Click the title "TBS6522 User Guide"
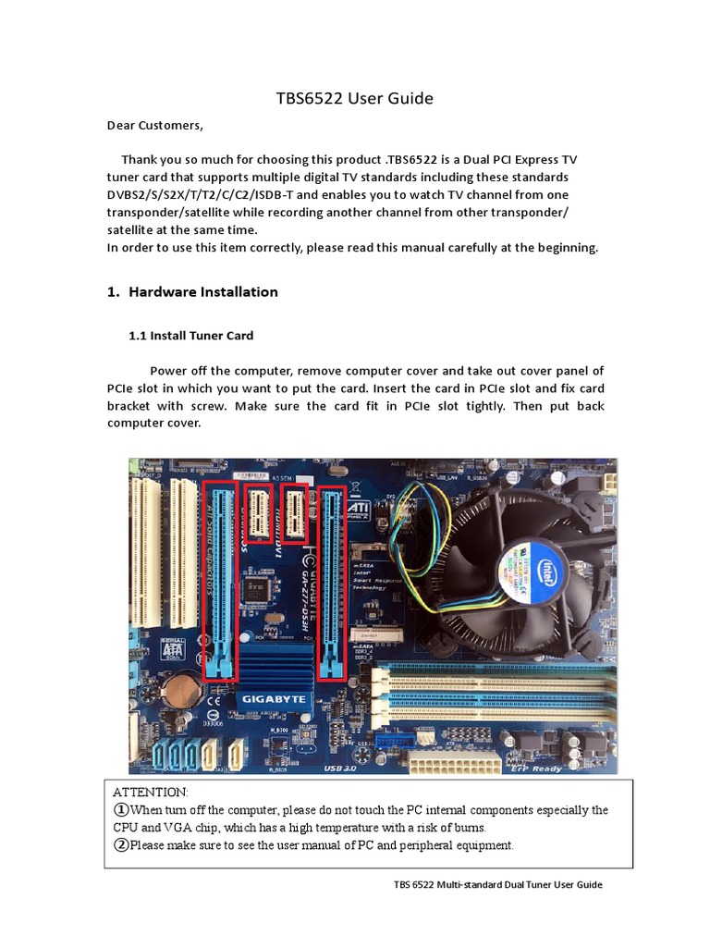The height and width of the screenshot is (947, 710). [x=355, y=98]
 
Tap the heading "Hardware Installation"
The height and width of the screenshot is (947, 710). [x=202, y=292]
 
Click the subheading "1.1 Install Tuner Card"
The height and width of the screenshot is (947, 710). [x=190, y=336]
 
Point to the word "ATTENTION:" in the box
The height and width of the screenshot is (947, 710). [x=150, y=793]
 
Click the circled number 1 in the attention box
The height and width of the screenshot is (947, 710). [x=121, y=810]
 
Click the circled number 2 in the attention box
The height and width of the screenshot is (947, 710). [x=121, y=845]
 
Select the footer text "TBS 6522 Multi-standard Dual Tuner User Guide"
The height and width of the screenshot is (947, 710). [x=497, y=885]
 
